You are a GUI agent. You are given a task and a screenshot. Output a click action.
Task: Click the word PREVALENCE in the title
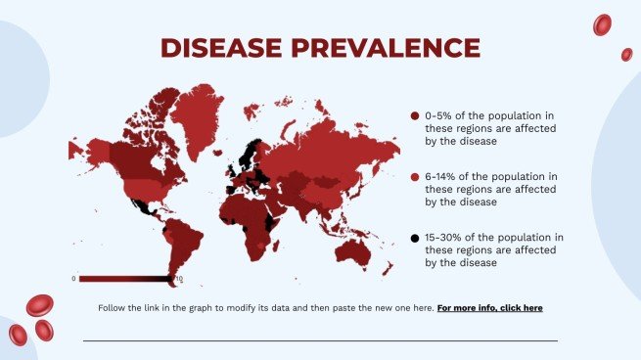point(382,48)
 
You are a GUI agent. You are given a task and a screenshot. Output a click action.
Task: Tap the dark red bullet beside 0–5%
point(415,116)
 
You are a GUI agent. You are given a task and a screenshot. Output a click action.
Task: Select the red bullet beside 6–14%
point(415,177)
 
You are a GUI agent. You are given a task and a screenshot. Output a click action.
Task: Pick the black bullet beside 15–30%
point(415,238)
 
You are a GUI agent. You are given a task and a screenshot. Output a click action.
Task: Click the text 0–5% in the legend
point(440,116)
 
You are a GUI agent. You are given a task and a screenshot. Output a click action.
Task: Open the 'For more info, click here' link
point(489,308)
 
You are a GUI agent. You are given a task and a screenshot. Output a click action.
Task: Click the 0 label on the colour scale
point(73,279)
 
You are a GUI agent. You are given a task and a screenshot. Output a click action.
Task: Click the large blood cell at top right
point(603,24)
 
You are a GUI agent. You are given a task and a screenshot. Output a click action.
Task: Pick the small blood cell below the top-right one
point(626,55)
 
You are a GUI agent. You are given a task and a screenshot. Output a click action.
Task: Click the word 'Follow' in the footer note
point(112,308)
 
